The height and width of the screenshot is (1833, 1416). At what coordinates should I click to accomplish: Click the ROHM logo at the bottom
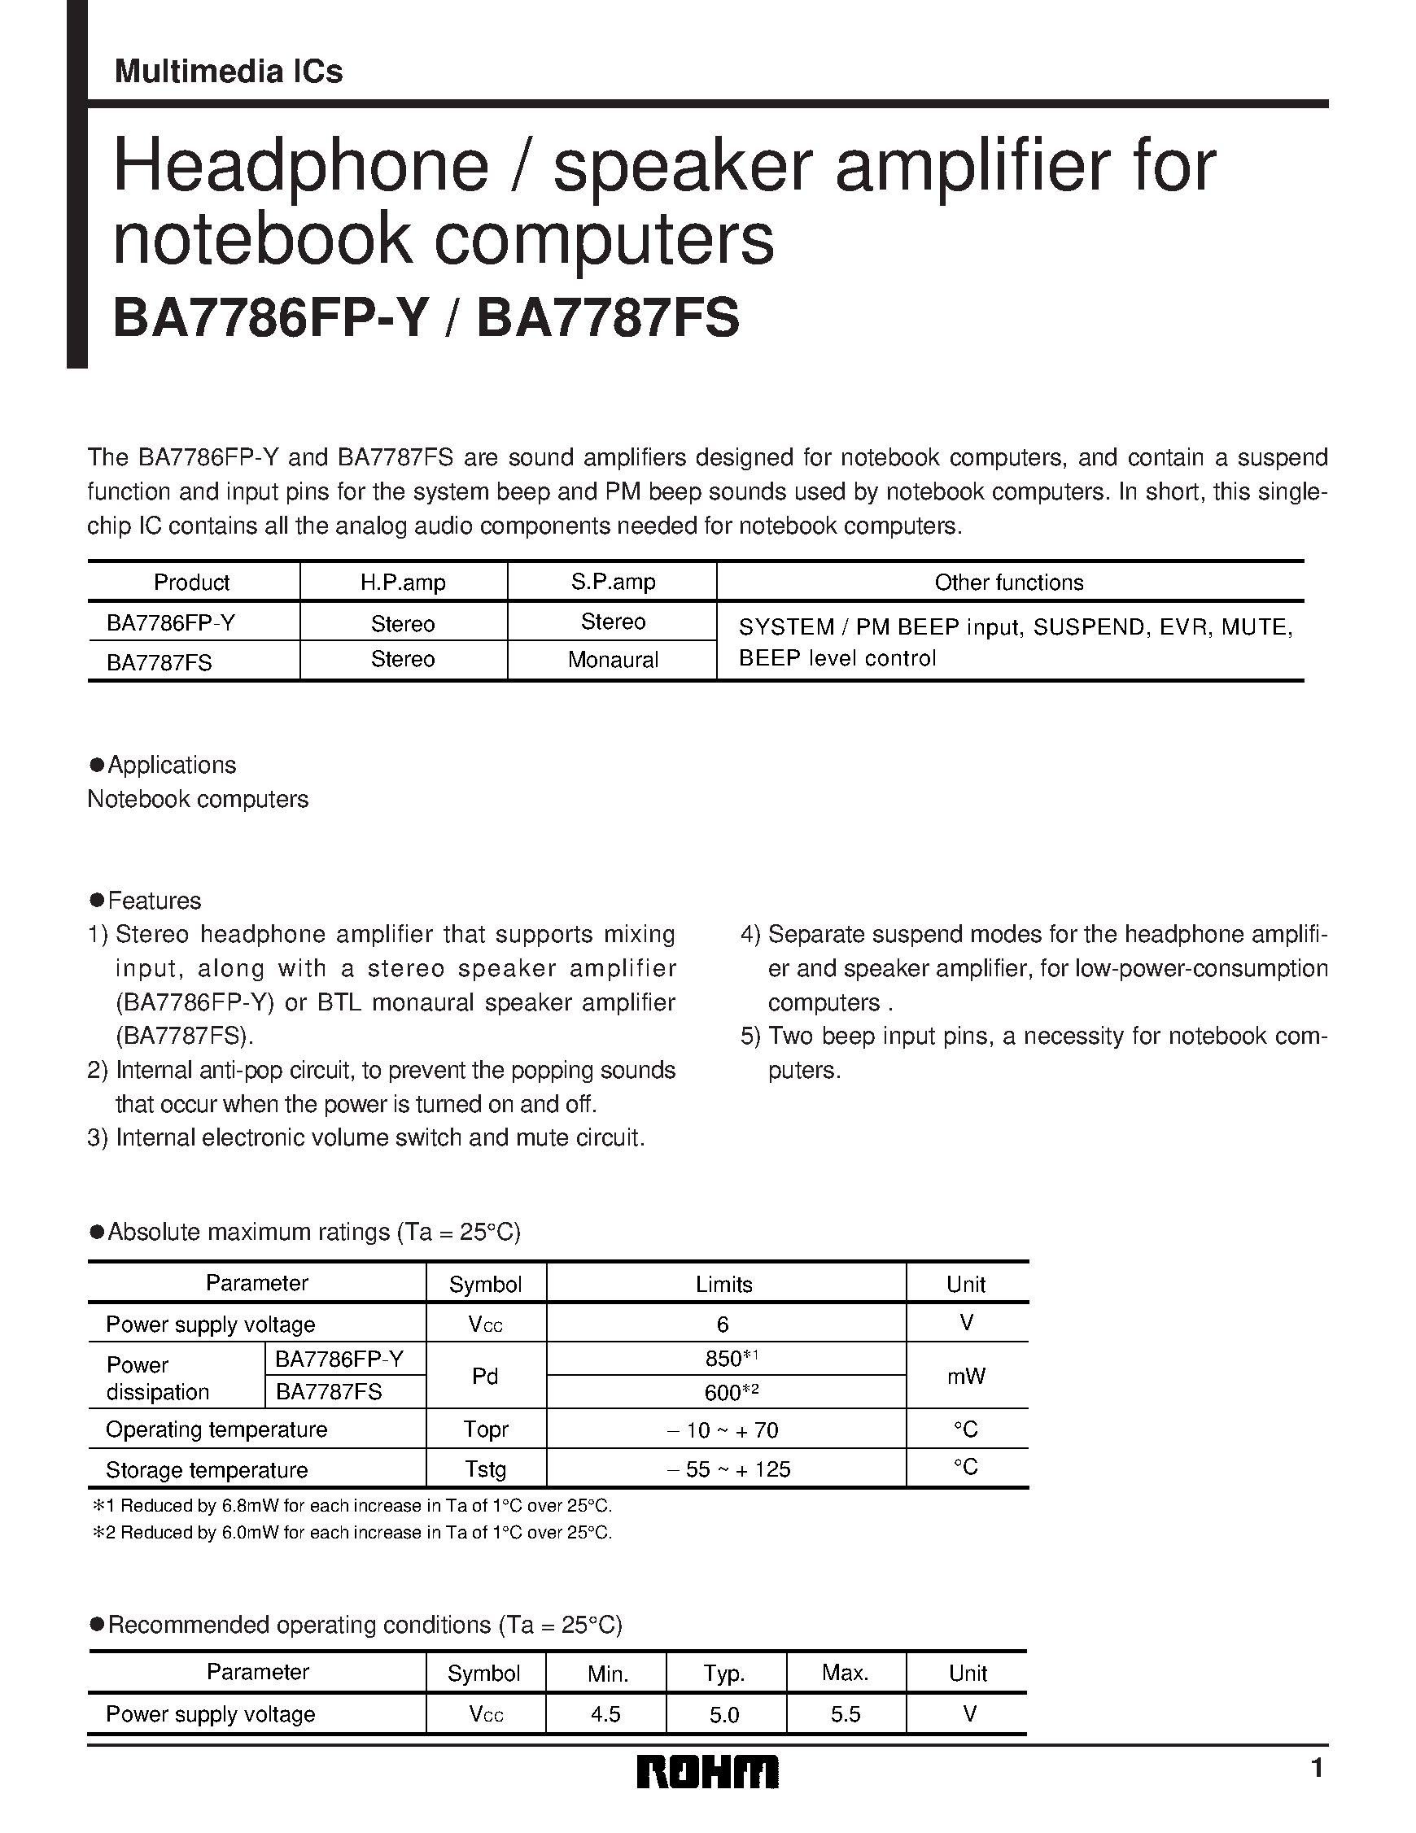pos(706,1772)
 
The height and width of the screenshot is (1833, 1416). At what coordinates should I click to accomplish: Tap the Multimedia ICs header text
pos(229,72)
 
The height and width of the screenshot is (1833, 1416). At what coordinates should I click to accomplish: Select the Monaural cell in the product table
pos(613,660)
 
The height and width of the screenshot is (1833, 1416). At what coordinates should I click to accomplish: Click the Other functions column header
pos(1009,583)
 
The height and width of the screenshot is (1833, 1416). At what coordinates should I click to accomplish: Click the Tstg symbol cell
pos(485,1469)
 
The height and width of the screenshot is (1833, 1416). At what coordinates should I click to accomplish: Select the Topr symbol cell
pos(485,1429)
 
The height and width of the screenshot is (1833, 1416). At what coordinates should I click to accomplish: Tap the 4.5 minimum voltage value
pos(605,1714)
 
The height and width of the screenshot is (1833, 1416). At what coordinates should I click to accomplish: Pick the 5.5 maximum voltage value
pos(846,1714)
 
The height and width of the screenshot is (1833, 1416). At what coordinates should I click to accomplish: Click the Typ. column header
pos(723,1674)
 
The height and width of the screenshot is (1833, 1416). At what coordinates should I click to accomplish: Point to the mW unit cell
pos(966,1376)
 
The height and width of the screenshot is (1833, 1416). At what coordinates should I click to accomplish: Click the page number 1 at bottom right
pos(1316,1770)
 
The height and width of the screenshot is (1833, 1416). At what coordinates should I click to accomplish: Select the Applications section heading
pos(171,765)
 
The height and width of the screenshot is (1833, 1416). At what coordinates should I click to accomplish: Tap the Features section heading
pos(155,901)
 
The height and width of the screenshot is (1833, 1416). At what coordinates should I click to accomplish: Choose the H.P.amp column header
pos(403,583)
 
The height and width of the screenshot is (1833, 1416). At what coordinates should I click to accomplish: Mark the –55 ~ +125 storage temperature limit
pos(728,1469)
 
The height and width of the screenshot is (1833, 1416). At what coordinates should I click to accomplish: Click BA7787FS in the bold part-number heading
pos(608,320)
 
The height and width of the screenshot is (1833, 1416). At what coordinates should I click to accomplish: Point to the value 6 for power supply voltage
pos(723,1325)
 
